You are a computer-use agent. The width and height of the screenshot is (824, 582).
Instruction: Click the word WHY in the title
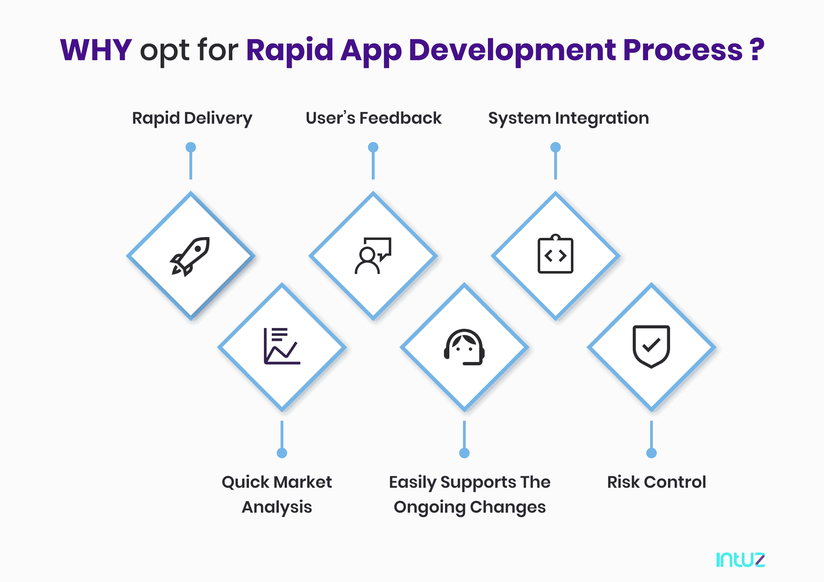tap(96, 50)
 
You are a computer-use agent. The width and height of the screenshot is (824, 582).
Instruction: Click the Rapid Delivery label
tap(192, 118)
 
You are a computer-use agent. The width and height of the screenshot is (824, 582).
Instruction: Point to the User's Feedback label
tap(373, 118)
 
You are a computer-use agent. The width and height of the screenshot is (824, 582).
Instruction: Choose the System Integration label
tap(568, 118)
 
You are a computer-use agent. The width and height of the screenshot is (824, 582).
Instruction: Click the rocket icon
tap(190, 256)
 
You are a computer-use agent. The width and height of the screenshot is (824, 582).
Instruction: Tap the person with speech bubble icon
tap(373, 256)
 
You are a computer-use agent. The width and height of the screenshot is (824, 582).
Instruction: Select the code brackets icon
tap(555, 255)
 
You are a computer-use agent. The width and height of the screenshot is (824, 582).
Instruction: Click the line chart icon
tap(282, 346)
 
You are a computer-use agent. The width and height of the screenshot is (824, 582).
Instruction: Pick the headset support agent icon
tap(464, 347)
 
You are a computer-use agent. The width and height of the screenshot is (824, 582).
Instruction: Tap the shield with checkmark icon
tap(651, 346)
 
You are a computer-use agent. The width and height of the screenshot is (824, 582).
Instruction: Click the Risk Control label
tap(656, 482)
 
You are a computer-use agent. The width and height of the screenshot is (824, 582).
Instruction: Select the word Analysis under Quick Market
tap(277, 507)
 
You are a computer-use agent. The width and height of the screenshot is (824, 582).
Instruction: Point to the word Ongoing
tap(429, 507)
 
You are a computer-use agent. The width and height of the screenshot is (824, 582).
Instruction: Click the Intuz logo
tap(740, 560)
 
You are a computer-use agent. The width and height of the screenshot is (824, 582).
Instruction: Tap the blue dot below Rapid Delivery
tap(191, 147)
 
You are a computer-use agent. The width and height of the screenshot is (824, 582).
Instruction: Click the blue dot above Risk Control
tap(651, 453)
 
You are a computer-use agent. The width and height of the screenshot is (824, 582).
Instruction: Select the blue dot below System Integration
tap(556, 147)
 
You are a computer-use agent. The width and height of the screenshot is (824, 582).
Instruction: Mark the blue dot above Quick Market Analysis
tap(282, 453)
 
